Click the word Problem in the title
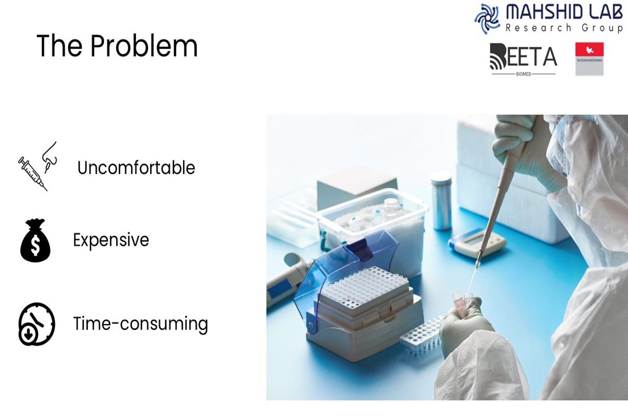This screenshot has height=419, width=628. click(x=144, y=46)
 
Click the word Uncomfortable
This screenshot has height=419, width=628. click(x=136, y=168)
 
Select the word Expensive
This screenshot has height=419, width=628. click(x=111, y=240)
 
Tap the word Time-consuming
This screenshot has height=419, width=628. click(x=140, y=324)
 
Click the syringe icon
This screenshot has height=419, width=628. click(x=32, y=174)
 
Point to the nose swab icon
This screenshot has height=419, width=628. click(x=50, y=157)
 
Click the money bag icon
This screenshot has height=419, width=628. click(x=36, y=240)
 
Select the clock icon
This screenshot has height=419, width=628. click(x=37, y=324)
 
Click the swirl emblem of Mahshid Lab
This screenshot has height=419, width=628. click(x=487, y=19)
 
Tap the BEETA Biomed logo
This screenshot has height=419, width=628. click(x=523, y=60)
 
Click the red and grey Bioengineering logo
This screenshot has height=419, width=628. click(x=589, y=59)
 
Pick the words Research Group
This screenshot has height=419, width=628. click(x=563, y=28)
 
